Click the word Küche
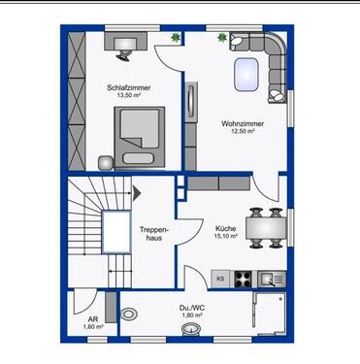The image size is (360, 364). [225, 228]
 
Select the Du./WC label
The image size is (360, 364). [190, 308]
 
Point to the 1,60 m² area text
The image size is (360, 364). [92, 328]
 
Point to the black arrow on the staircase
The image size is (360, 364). [137, 192]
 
